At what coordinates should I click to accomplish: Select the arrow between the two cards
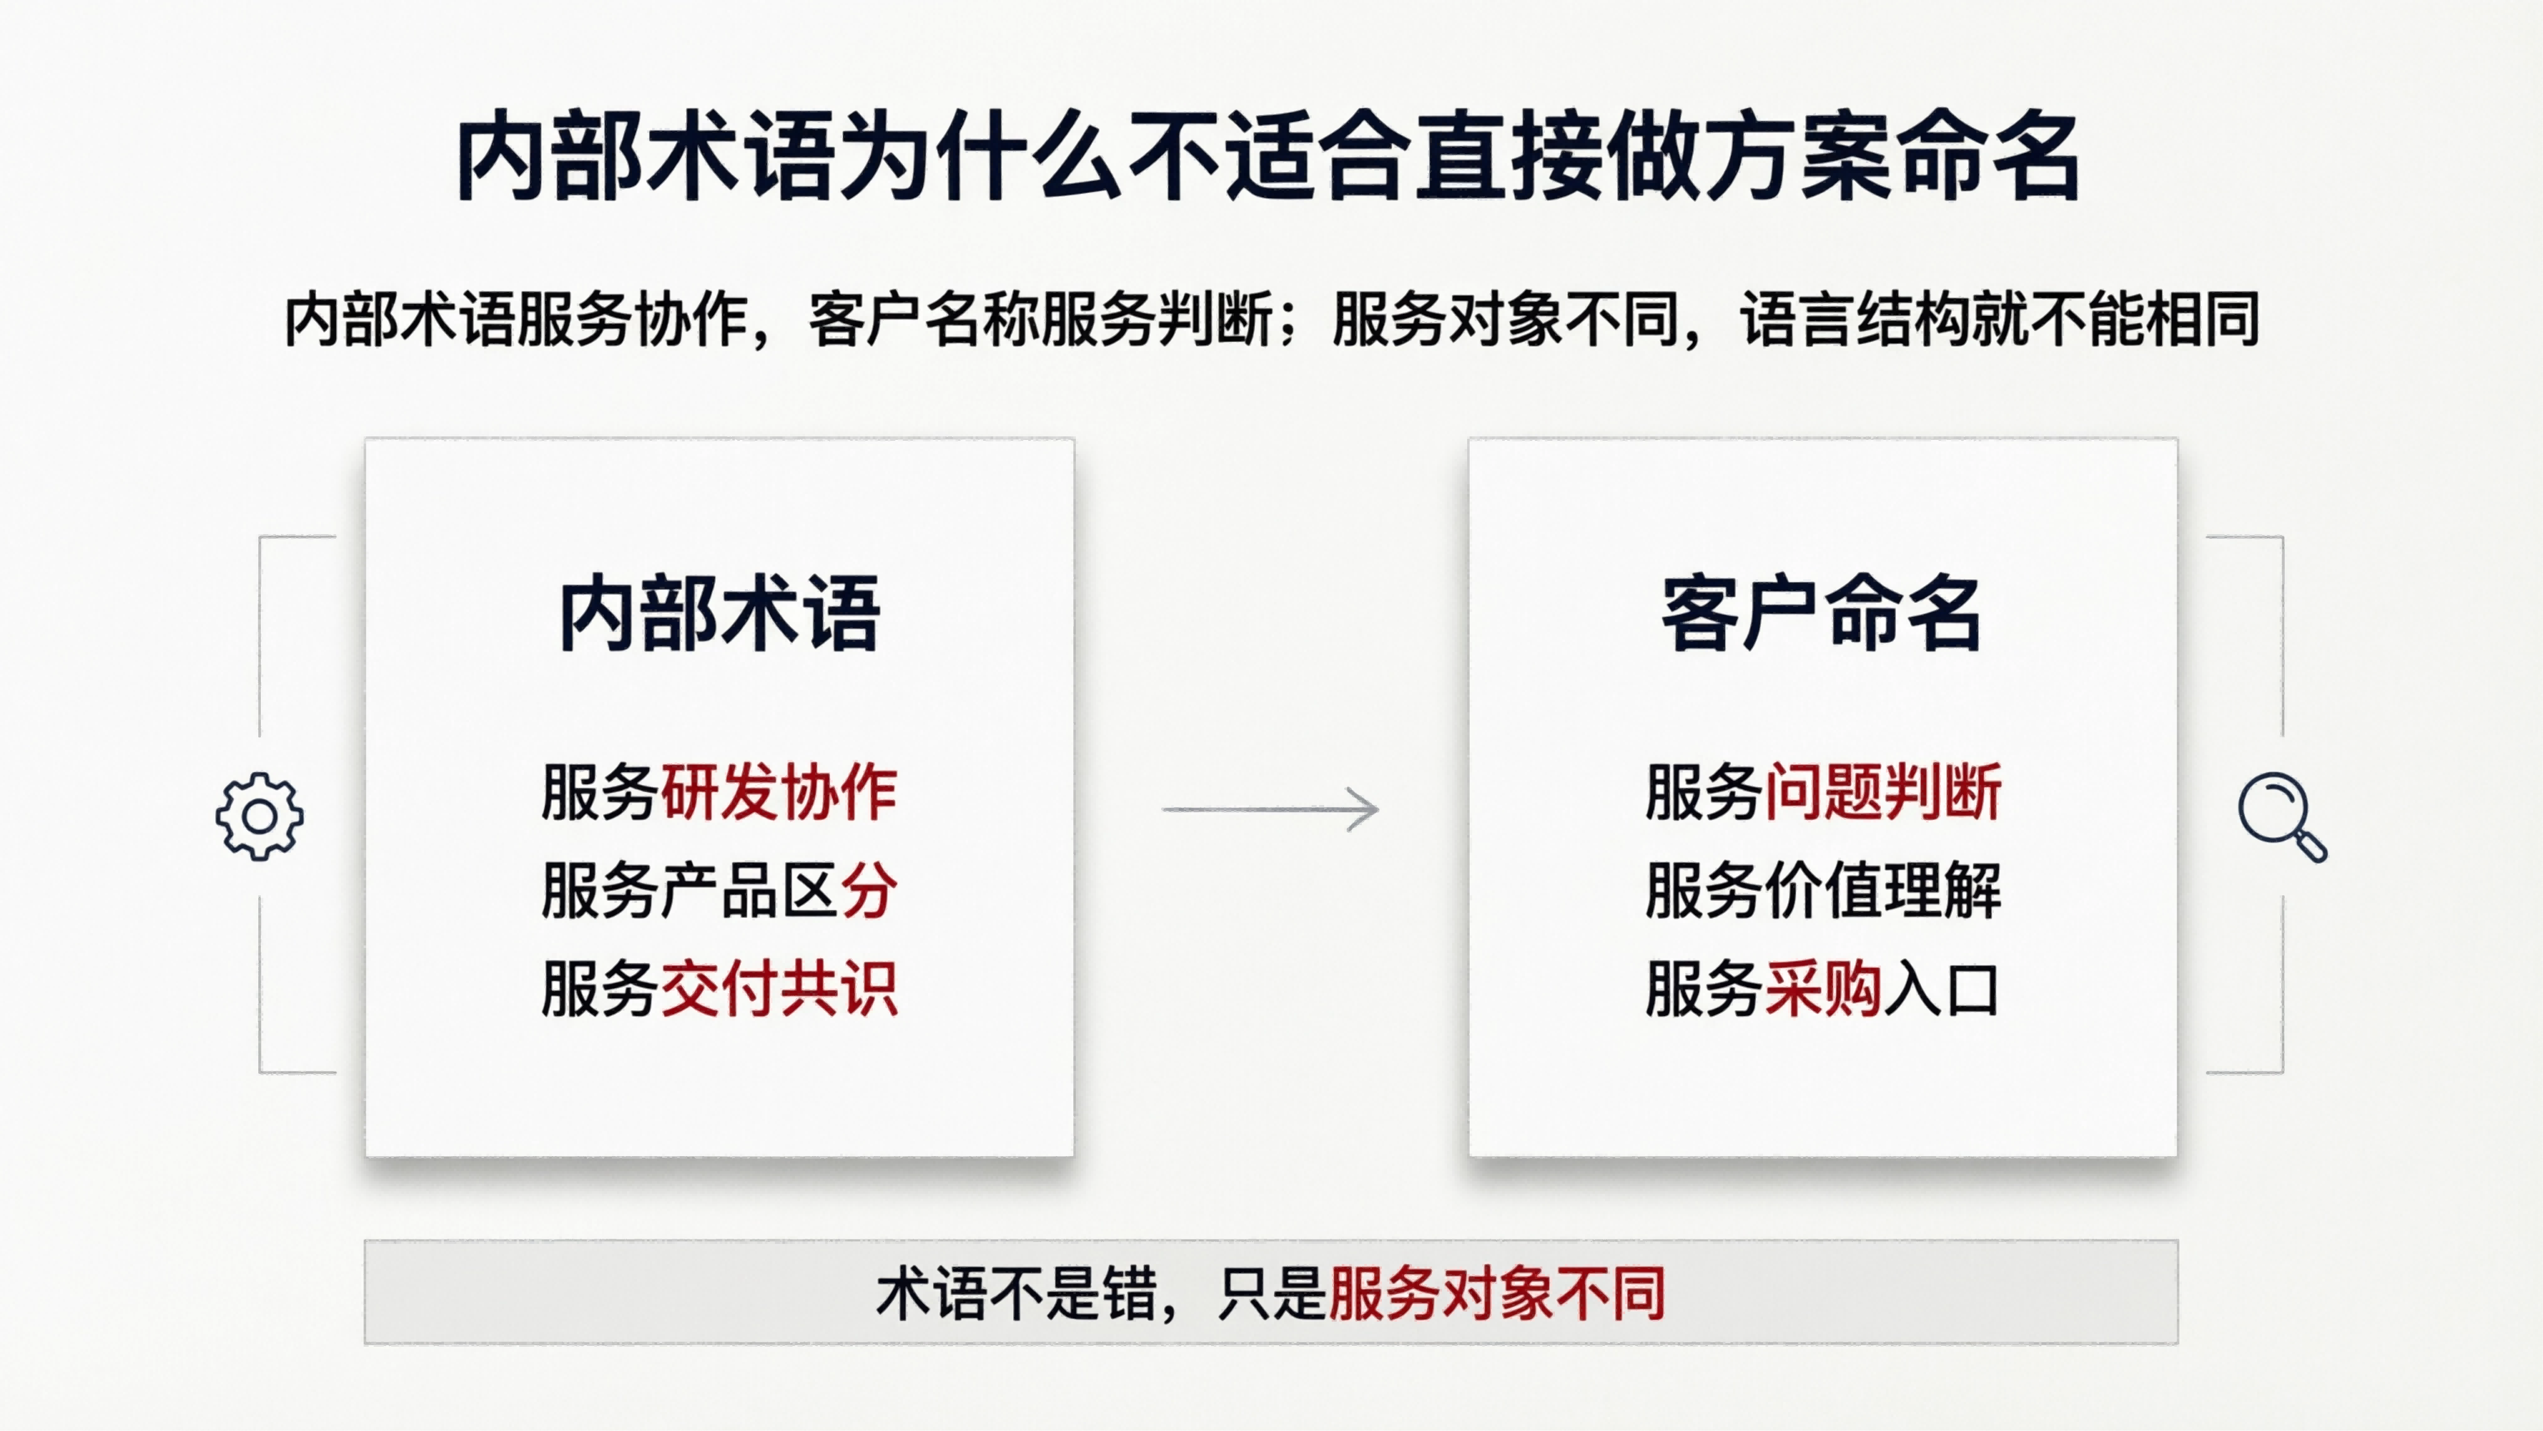[1270, 809]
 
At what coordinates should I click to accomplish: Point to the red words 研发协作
[778, 791]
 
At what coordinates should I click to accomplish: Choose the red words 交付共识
[778, 989]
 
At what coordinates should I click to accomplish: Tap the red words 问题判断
[1881, 791]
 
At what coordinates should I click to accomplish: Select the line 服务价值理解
[1822, 890]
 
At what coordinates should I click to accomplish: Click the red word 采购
[1822, 989]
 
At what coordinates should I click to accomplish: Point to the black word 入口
[1941, 989]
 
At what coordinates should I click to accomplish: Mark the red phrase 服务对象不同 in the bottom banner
[1497, 1293]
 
